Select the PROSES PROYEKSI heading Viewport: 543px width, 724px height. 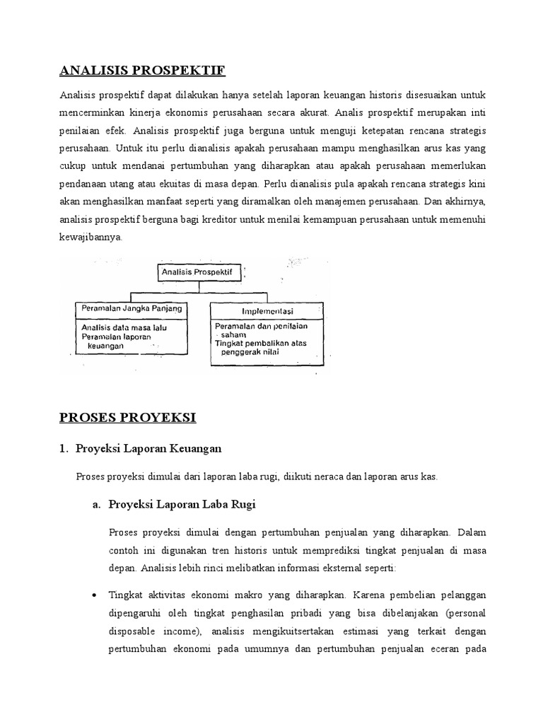point(128,417)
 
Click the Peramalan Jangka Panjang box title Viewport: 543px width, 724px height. point(132,308)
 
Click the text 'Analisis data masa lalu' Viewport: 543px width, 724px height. point(124,327)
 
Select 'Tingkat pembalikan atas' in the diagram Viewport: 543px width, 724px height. point(260,343)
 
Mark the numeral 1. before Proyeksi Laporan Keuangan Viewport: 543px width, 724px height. point(64,449)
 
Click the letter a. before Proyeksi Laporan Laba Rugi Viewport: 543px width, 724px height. point(97,504)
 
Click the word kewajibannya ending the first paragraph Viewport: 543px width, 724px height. point(91,238)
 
